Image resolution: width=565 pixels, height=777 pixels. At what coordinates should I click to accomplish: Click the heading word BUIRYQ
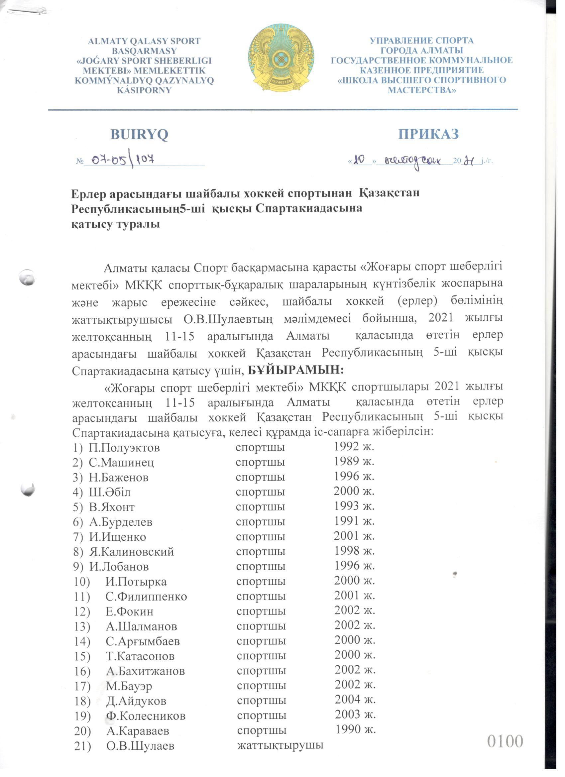coord(139,135)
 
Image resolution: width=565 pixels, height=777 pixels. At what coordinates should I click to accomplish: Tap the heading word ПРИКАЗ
coord(428,134)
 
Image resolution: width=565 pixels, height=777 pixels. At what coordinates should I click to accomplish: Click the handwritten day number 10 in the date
coord(359,160)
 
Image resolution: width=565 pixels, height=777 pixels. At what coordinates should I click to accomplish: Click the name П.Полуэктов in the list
coord(124,448)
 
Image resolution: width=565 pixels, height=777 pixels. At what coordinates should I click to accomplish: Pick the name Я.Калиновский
coord(132,552)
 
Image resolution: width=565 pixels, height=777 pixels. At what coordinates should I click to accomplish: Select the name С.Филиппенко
coord(146,597)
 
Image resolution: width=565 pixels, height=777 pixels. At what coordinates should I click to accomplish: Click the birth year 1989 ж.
coord(354,462)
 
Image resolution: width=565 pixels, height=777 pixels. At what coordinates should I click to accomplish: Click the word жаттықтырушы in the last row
coord(281,744)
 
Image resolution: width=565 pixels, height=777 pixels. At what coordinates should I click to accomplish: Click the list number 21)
coord(82,745)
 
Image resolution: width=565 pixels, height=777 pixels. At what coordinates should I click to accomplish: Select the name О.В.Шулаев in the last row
coord(140,745)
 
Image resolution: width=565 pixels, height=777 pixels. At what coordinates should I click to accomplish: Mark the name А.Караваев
coord(138,730)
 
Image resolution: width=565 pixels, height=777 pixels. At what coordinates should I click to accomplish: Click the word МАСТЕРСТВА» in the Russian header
coord(422,90)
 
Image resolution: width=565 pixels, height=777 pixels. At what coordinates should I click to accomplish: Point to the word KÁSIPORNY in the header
coord(144,90)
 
